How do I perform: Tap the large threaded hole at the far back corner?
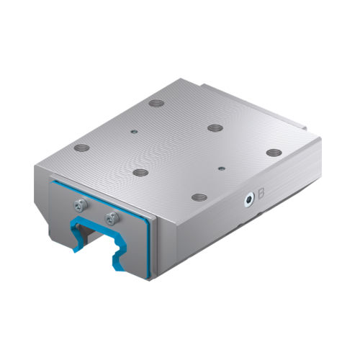tap(155, 103)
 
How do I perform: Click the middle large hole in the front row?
tap(140, 172)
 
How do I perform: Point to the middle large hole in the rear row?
tap(215, 127)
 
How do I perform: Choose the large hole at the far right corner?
tap(273, 152)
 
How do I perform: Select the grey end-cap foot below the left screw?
tap(61, 223)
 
